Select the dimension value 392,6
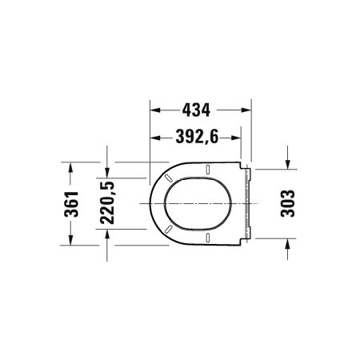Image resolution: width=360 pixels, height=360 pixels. [197, 138]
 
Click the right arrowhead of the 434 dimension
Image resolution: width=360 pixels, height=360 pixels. [249, 106]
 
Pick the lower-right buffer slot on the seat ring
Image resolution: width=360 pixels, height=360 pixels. [206, 238]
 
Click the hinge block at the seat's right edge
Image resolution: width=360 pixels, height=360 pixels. [250, 204]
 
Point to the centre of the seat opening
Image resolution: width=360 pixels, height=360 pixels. [196, 204]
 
